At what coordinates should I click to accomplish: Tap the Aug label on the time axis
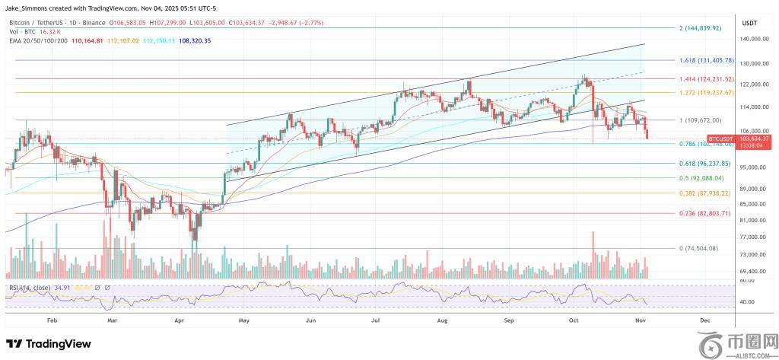click(443, 322)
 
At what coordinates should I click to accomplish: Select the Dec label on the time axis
click(704, 322)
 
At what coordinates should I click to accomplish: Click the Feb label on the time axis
click(52, 322)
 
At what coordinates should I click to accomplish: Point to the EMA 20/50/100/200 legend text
click(37, 40)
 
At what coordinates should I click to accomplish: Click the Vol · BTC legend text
click(21, 32)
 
